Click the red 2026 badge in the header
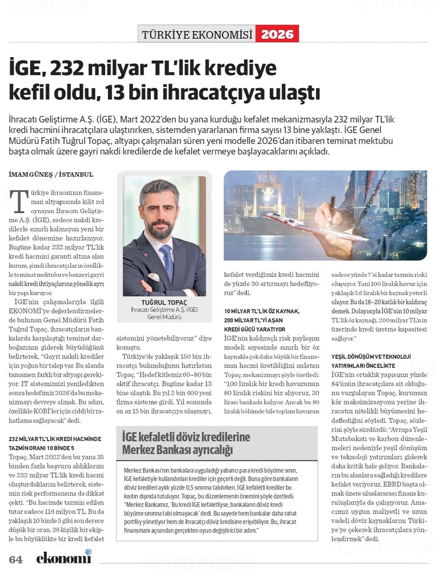[x=277, y=35]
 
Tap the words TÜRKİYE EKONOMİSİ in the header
[x=197, y=35]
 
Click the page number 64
[x=16, y=560]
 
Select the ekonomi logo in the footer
[x=63, y=557]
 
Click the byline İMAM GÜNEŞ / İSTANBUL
[x=51, y=174]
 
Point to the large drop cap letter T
[x=19, y=201]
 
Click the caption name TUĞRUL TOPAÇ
[x=164, y=302]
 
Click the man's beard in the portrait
[x=159, y=227]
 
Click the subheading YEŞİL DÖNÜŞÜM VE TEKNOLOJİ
[x=371, y=357]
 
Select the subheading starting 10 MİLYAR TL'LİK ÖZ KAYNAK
[x=262, y=312]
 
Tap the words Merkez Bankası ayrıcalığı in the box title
[x=177, y=450]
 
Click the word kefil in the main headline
[x=32, y=93]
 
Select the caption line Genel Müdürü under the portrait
[x=164, y=317]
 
